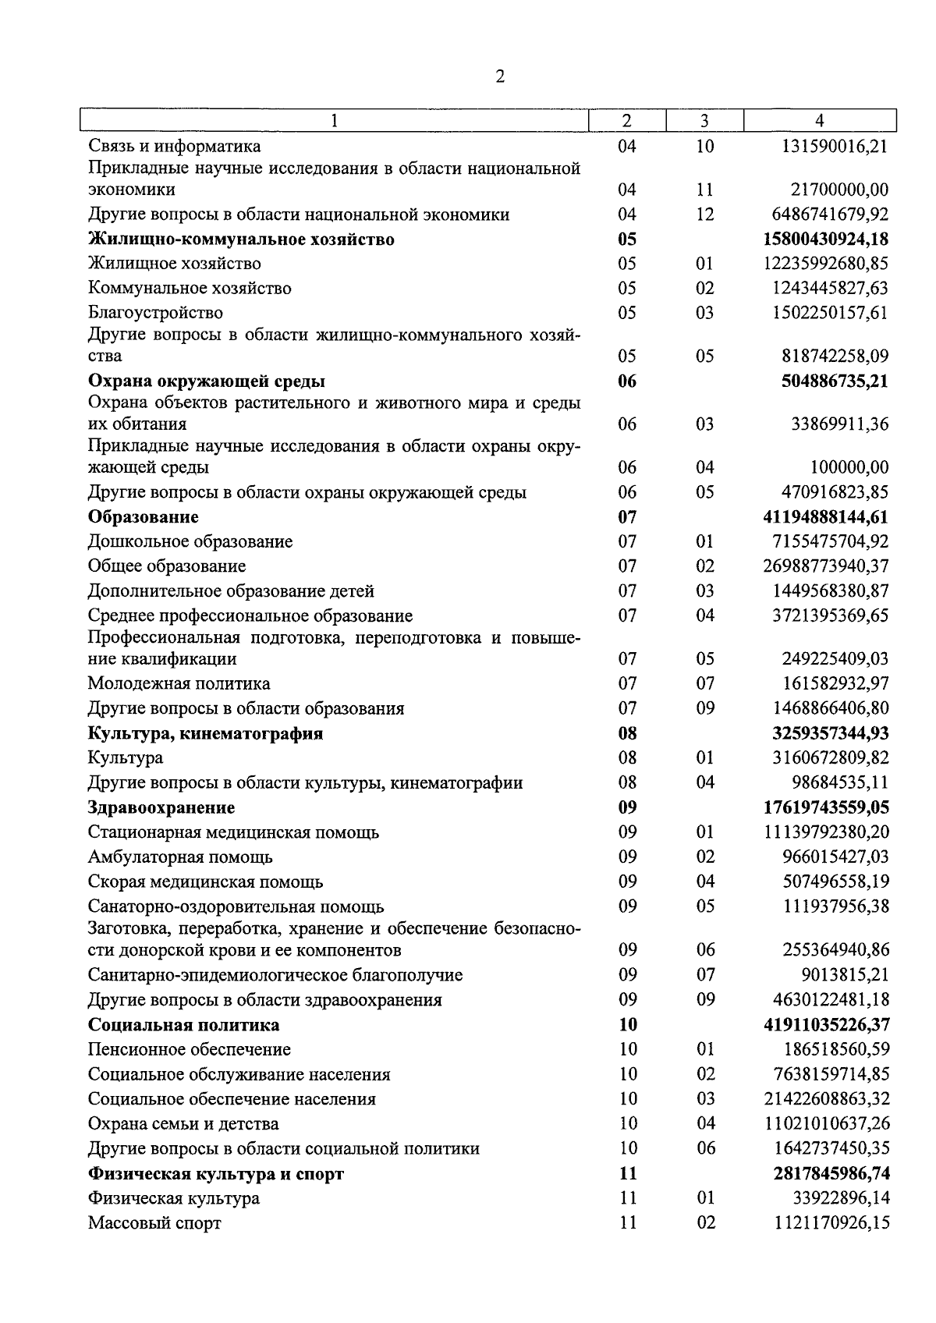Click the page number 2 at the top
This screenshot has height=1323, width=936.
click(500, 76)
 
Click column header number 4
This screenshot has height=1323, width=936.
click(819, 121)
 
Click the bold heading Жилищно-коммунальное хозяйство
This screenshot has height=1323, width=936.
click(241, 239)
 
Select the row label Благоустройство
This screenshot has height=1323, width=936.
click(155, 313)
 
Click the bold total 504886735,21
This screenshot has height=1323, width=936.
click(835, 381)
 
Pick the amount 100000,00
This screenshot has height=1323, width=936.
click(849, 467)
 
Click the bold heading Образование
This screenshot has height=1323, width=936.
click(144, 517)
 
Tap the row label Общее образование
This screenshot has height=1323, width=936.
click(167, 566)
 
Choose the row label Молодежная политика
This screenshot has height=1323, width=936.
click(179, 684)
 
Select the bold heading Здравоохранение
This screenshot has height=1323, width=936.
click(161, 807)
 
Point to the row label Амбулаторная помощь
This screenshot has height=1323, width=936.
click(180, 857)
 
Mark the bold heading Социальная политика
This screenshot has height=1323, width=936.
click(183, 1025)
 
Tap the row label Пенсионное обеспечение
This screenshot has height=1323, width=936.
click(189, 1050)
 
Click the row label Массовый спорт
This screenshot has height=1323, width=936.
click(154, 1223)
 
